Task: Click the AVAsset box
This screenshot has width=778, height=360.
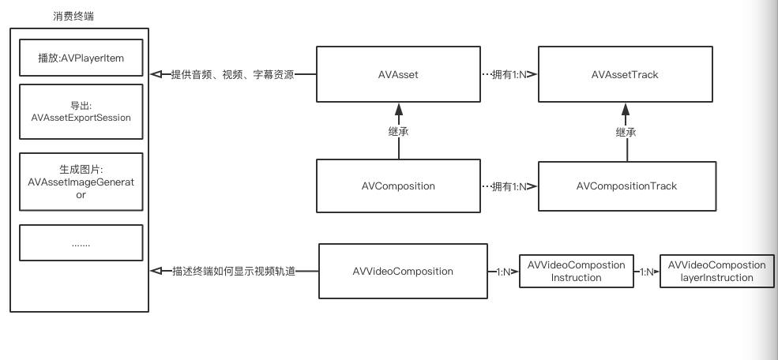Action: point(398,75)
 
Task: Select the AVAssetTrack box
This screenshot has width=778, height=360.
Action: point(626,75)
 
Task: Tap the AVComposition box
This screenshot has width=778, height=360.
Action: point(398,186)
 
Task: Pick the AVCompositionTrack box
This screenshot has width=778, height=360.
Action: point(627,186)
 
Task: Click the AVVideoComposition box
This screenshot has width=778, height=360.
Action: point(403,271)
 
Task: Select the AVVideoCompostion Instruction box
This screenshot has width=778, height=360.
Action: point(576,271)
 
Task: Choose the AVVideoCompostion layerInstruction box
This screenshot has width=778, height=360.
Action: point(716,271)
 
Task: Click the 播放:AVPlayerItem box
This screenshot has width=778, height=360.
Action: point(81,58)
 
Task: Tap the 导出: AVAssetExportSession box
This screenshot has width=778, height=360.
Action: point(81,111)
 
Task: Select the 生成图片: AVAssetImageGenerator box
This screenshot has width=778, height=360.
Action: point(81,182)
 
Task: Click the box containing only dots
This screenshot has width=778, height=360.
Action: point(81,243)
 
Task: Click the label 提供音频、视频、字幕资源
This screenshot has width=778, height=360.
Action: point(232,75)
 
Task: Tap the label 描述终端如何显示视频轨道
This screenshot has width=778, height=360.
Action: point(233,271)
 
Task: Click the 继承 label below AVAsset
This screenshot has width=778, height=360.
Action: point(399,133)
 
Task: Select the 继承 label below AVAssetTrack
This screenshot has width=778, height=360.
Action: point(626,133)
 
